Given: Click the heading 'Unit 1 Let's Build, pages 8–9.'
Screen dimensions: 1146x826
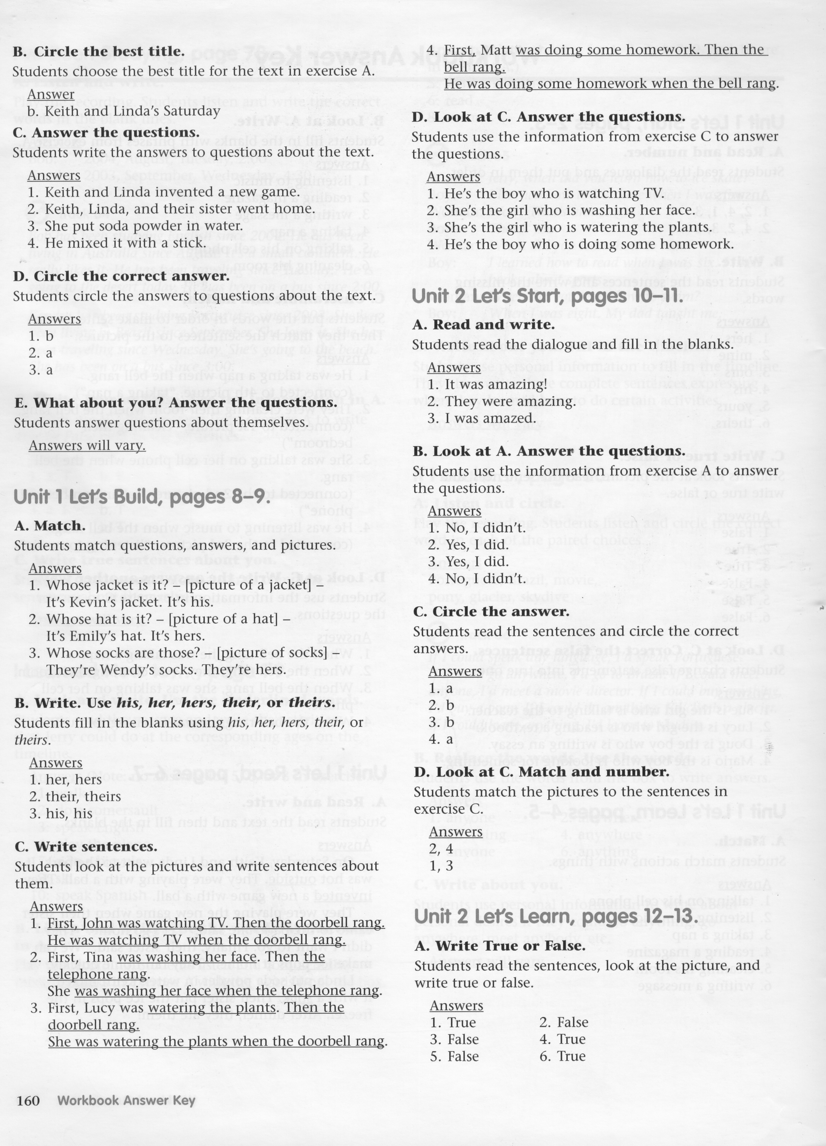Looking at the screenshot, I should [x=141, y=497].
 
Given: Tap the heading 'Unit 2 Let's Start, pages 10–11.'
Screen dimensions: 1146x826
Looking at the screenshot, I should [x=547, y=296].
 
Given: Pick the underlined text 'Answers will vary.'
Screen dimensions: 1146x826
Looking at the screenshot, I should [x=87, y=445].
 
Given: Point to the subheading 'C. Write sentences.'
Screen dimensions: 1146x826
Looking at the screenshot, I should [x=86, y=847].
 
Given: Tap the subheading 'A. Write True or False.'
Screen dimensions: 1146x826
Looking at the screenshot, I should [x=500, y=946].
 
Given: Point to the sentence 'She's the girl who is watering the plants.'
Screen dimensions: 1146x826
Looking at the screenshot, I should [x=569, y=227].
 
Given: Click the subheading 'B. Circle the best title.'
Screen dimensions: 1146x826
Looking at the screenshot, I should [x=99, y=52].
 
